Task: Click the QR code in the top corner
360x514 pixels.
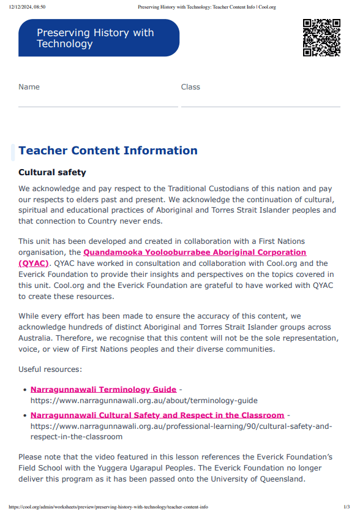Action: [321, 37]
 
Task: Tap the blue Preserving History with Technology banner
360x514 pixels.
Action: [99, 38]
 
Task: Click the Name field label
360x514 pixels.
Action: [29, 87]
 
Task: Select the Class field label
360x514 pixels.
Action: [190, 87]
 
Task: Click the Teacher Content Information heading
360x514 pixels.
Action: [108, 151]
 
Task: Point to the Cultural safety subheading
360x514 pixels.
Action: [52, 173]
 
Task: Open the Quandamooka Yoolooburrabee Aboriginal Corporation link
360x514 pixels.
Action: [195, 252]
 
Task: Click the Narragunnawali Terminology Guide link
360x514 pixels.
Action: [103, 390]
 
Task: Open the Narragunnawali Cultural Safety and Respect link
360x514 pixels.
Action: [157, 415]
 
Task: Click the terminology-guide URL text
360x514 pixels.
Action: [144, 401]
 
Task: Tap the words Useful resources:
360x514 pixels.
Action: [50, 369]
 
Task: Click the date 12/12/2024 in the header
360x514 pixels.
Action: [27, 6]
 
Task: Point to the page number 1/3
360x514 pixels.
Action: [346, 507]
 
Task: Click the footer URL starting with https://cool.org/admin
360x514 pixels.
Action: [108, 507]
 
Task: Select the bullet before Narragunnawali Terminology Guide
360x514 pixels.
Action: [24, 390]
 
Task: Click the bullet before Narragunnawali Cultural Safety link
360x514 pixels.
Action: [24, 415]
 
